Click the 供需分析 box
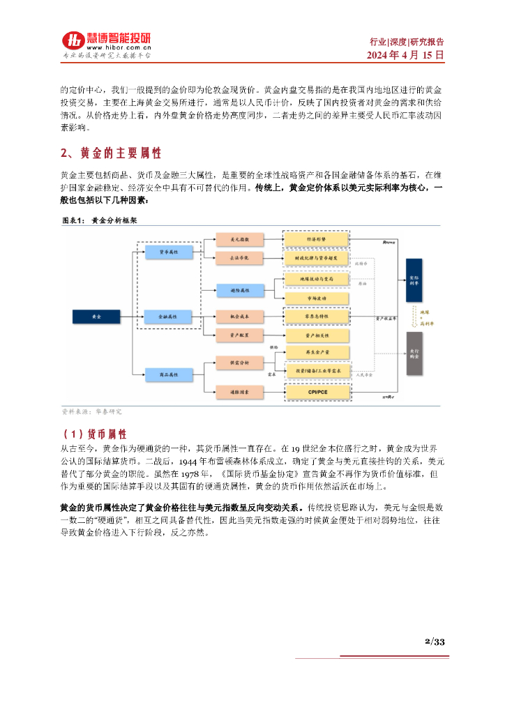pyautogui.click(x=239, y=363)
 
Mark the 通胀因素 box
pyautogui.click(x=239, y=393)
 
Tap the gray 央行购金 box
pyautogui.click(x=414, y=354)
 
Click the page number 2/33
pyautogui.click(x=435, y=642)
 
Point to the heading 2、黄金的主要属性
pyautogui.click(x=112, y=153)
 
